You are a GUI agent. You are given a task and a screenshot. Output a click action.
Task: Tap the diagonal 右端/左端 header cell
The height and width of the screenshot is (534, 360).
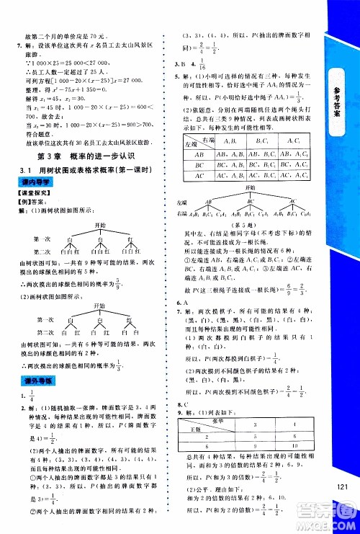coord(197,141)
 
